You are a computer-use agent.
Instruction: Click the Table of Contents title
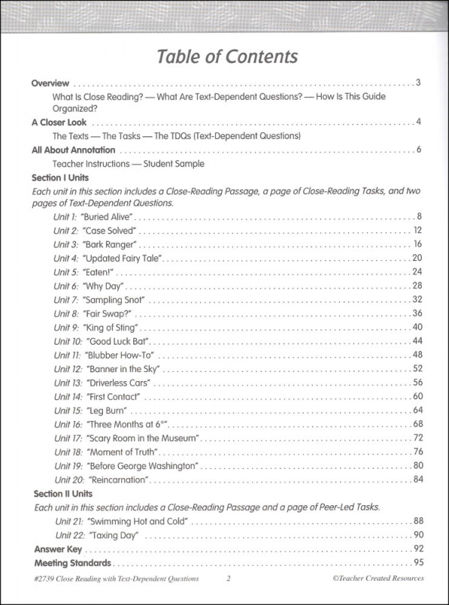[226, 57]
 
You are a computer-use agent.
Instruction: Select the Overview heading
[50, 83]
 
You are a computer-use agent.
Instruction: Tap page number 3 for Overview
[418, 83]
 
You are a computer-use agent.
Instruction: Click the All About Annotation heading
[73, 150]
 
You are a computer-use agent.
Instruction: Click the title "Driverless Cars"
[123, 382]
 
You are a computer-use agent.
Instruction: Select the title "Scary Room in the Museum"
[143, 438]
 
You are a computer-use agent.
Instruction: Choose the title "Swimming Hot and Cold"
[138, 522]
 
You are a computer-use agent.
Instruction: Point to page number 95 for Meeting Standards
[416, 563]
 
